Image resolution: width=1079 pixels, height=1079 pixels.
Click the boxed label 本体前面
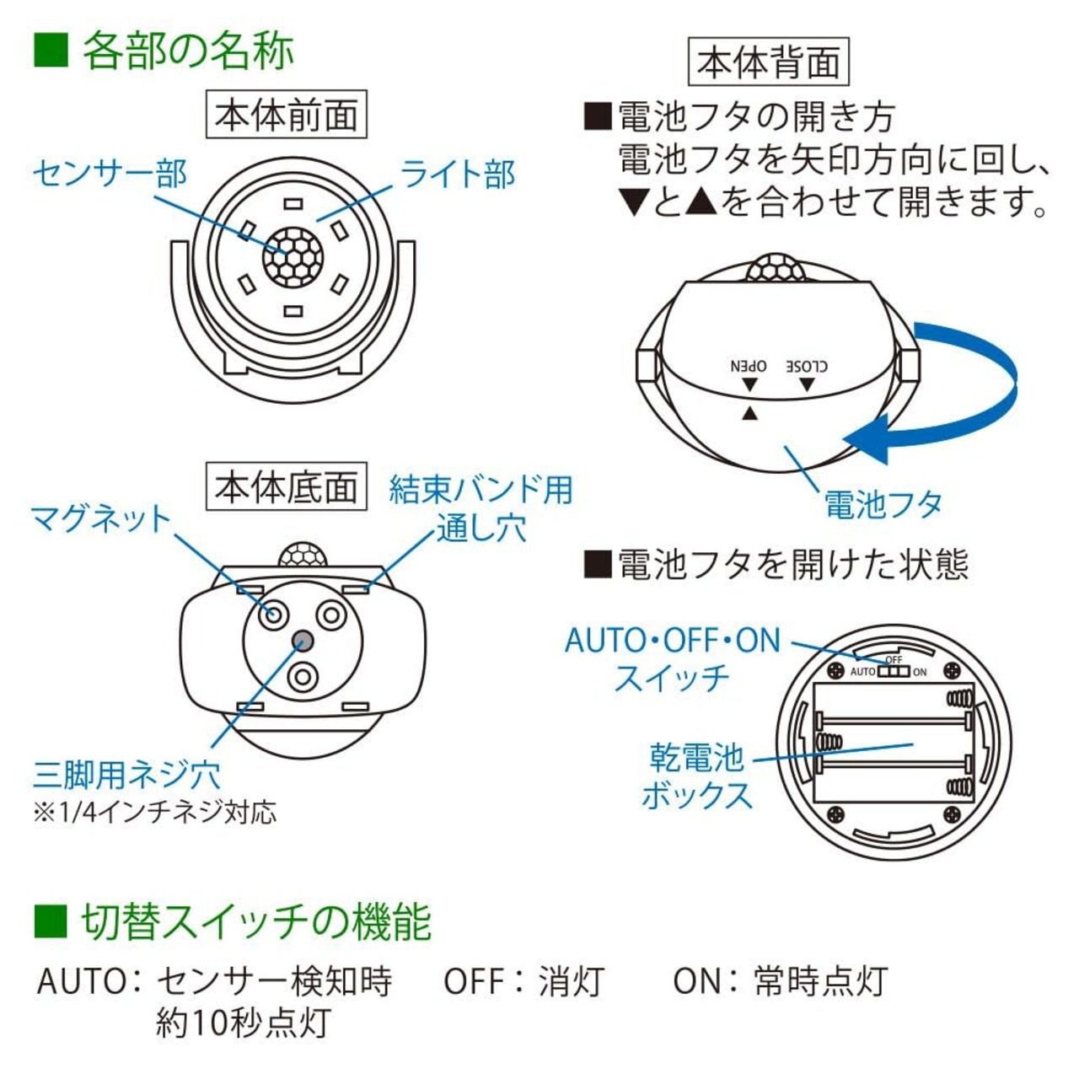tap(286, 115)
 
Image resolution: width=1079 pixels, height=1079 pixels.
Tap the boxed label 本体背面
tap(768, 62)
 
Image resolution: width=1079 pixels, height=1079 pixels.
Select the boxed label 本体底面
tap(286, 486)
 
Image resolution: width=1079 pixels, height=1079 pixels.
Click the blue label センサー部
tap(110, 174)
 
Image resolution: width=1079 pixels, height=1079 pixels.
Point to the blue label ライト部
tap(458, 174)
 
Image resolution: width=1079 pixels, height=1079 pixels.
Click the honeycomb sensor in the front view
tap(293, 256)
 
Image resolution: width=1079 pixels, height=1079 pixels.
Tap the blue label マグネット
tap(101, 518)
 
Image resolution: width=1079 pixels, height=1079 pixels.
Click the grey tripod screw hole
tap(303, 640)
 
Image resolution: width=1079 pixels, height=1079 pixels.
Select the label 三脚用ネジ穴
tap(126, 775)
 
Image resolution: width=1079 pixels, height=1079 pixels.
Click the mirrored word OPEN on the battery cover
tap(749, 366)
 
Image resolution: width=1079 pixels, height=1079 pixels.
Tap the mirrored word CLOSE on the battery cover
tap(807, 366)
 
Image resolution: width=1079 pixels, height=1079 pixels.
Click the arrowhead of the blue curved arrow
tap(867, 438)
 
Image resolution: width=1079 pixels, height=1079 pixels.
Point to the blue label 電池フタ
tap(883, 504)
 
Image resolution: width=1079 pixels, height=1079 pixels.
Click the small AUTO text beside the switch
tap(863, 671)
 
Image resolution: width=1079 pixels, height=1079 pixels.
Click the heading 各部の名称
tap(188, 51)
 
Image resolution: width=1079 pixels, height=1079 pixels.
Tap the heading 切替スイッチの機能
tap(256, 922)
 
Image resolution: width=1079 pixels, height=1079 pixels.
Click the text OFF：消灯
tap(524, 981)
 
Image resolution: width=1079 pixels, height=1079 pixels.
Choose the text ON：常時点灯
tap(780, 981)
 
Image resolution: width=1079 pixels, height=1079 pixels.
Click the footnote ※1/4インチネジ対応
tap(155, 813)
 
